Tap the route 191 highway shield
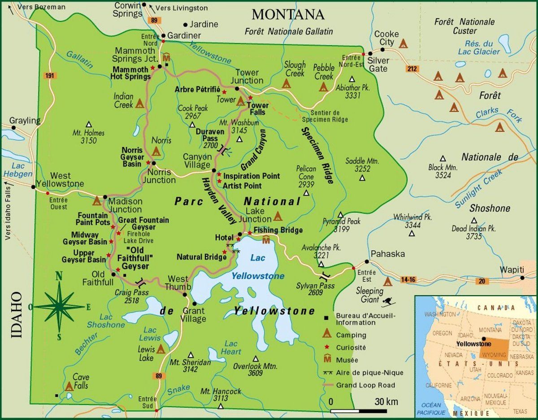coord(50,76)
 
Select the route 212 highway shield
coord(412,69)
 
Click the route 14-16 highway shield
coord(408,280)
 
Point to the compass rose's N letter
coord(59,276)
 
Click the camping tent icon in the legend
coord(327,334)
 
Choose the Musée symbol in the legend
coord(327,359)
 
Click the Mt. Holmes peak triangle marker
coord(89,124)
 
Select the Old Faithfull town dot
coord(113,274)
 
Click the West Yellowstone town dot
coord(33,186)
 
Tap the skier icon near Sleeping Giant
coord(386,302)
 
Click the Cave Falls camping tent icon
coord(69,386)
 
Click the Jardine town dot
coord(186,24)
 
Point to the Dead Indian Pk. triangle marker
coord(474,220)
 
